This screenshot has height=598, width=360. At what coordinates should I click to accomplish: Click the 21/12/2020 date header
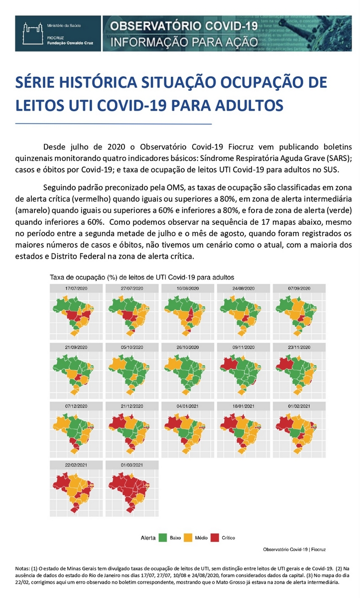click(x=132, y=406)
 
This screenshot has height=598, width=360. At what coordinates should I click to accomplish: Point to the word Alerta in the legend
click(x=148, y=538)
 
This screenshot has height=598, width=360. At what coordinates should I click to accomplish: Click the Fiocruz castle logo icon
click(x=30, y=33)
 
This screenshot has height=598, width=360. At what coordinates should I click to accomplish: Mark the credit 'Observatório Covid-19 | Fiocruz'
click(x=294, y=549)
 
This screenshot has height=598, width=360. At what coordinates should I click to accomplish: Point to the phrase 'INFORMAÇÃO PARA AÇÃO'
click(x=184, y=41)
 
